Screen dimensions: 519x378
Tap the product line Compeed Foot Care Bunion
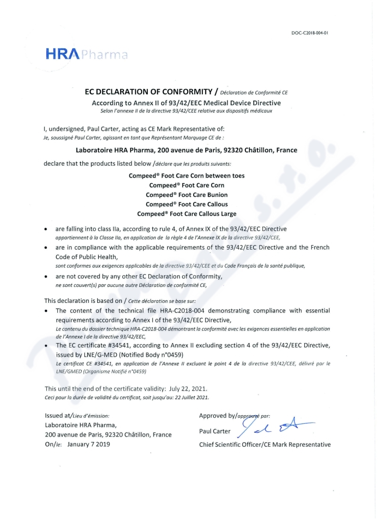(x=187, y=195)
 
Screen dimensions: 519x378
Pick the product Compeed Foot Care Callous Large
(x=187, y=214)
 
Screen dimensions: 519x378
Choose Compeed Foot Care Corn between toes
(x=187, y=176)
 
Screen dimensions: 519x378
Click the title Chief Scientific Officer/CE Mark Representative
(x=265, y=444)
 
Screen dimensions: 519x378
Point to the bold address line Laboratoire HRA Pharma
(x=187, y=151)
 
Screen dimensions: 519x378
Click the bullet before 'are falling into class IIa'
(x=45, y=229)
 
